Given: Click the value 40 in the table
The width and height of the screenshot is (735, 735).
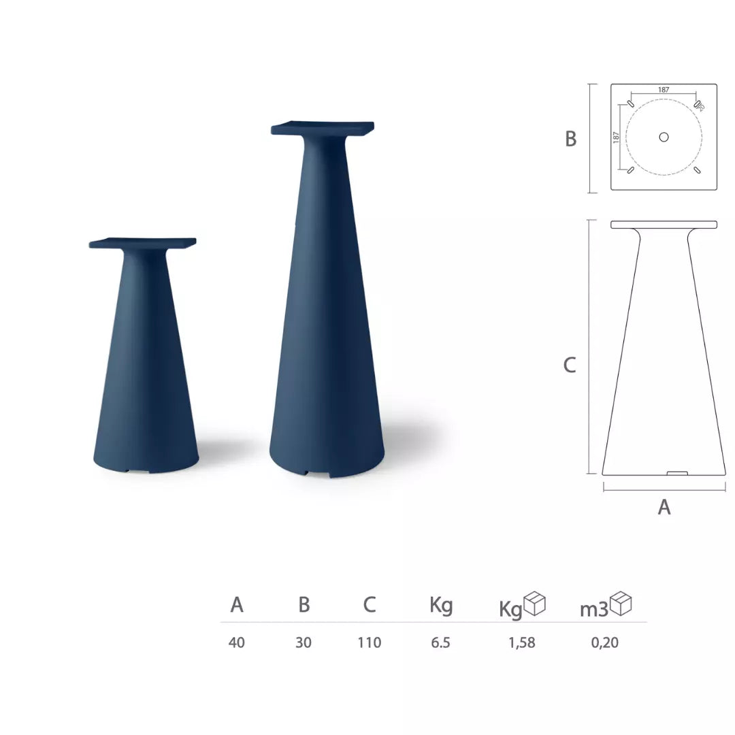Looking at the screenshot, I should (237, 642).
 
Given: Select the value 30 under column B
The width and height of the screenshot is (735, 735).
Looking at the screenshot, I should (304, 642).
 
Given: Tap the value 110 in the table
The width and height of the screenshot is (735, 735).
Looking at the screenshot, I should (370, 642).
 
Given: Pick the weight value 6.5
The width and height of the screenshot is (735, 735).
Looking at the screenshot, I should (440, 642).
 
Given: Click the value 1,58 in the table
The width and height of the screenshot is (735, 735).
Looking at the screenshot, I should (522, 642).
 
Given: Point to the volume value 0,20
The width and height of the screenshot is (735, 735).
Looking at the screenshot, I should (605, 642).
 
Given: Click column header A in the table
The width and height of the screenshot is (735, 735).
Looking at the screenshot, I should (237, 604).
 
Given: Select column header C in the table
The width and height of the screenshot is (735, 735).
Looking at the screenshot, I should (370, 604).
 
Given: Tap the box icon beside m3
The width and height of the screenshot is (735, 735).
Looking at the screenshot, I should (621, 604).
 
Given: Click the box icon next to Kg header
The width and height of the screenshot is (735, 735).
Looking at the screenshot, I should (534, 604).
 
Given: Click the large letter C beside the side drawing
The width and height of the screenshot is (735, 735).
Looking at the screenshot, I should (570, 365).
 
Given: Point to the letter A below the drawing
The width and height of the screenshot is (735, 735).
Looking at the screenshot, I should (664, 507).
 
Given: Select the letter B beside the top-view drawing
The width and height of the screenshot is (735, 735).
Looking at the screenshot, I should (571, 139).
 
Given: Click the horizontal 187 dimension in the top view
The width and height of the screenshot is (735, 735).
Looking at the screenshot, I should (664, 90).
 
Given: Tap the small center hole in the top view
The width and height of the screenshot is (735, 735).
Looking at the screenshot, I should (664, 137).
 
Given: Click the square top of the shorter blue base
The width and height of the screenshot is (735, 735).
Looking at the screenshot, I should (143, 242).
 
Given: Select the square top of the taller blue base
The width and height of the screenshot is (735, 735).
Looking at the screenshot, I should (323, 127).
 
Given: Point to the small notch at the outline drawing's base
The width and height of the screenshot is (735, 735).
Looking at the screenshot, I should (677, 472).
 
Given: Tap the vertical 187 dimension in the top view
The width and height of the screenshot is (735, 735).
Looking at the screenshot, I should (617, 137).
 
